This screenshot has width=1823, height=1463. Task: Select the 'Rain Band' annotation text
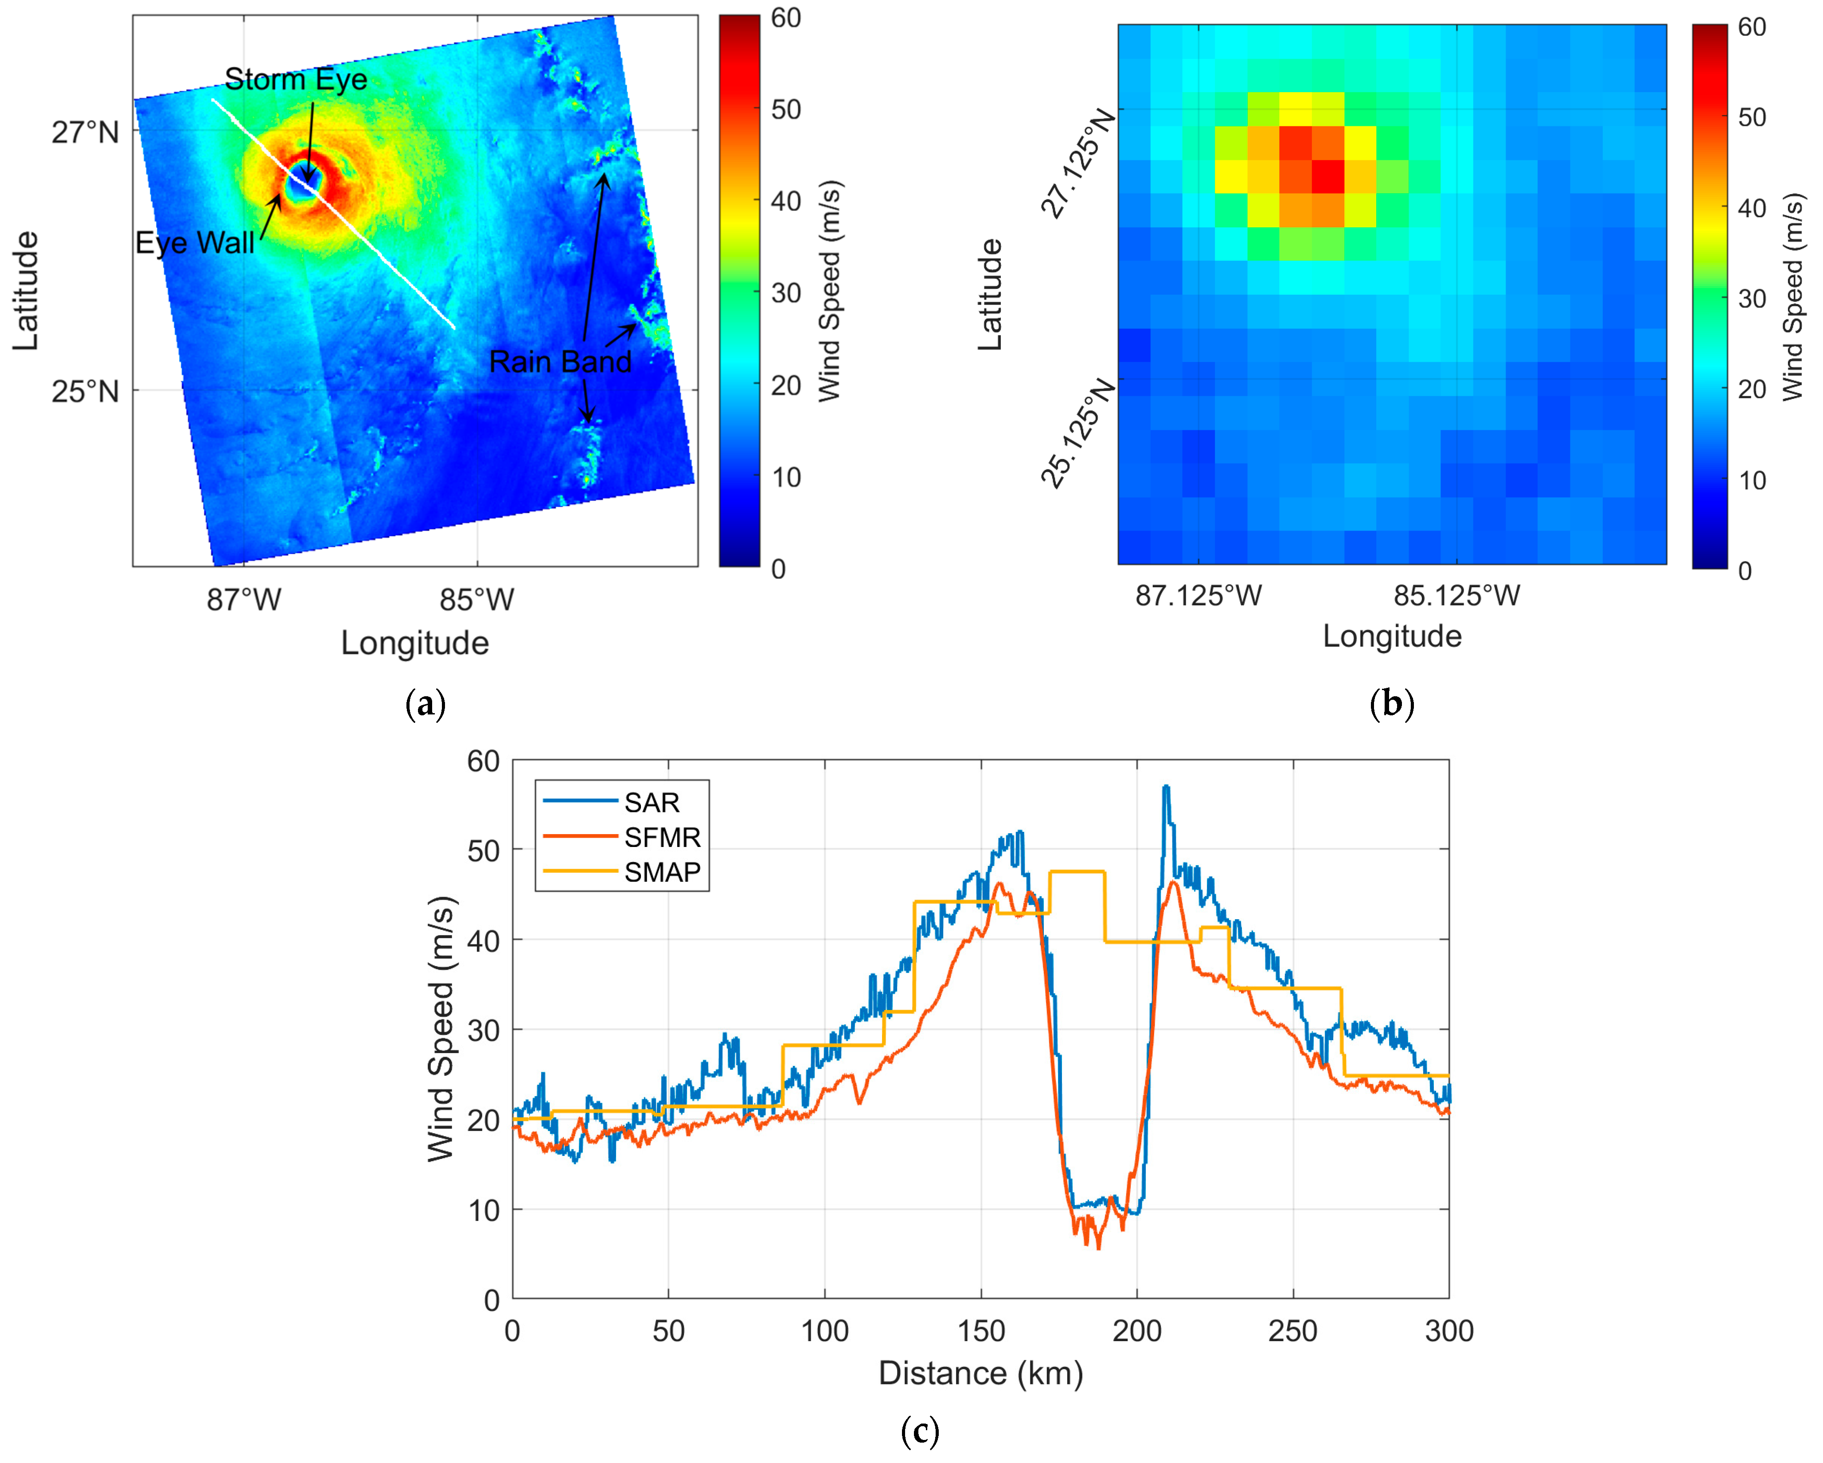point(560,362)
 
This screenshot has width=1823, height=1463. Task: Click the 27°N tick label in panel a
point(85,133)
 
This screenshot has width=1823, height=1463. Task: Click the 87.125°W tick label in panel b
point(1198,595)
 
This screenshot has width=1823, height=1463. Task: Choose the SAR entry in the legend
point(651,802)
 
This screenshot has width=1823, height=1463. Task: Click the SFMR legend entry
point(662,837)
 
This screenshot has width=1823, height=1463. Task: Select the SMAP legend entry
point(662,872)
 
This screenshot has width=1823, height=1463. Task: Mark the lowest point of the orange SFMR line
point(1098,1248)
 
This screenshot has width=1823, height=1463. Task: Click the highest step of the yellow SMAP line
point(1077,872)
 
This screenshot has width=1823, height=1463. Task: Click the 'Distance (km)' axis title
point(981,1373)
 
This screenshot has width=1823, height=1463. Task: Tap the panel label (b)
point(1391,704)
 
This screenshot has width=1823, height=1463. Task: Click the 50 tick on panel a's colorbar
point(785,110)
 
